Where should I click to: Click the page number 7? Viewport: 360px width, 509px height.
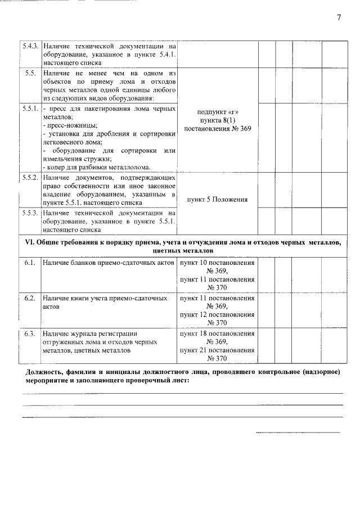click(339, 17)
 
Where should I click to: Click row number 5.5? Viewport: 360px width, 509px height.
click(30, 74)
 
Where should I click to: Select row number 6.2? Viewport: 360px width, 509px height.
click(30, 298)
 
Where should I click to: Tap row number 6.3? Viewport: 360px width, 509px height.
click(30, 334)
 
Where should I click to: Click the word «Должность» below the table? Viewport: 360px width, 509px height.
click(45, 373)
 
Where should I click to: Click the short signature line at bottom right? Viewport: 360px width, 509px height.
click(298, 433)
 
